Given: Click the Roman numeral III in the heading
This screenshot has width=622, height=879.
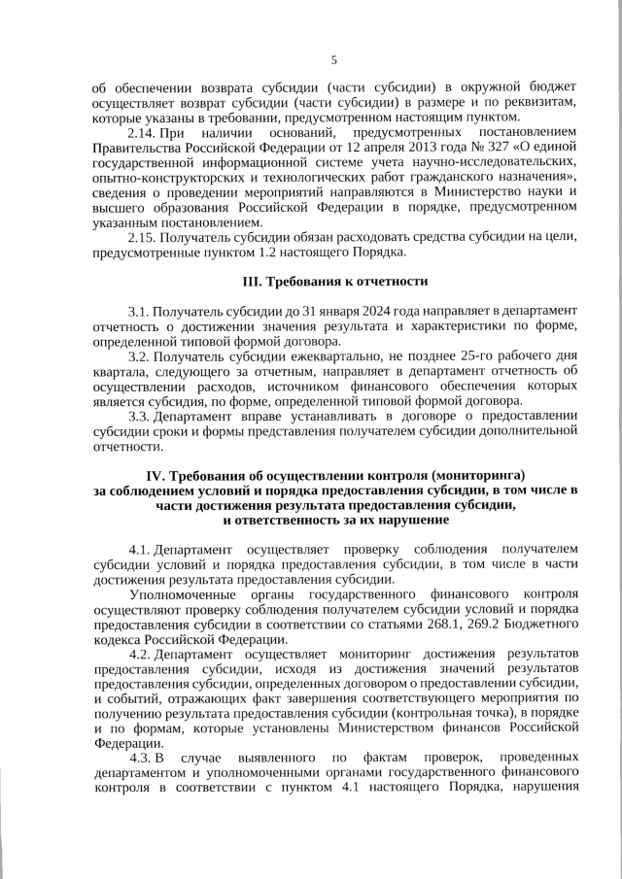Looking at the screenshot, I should pyautogui.click(x=251, y=282).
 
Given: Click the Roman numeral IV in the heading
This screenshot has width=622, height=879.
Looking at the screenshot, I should pyautogui.click(x=156, y=475).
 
